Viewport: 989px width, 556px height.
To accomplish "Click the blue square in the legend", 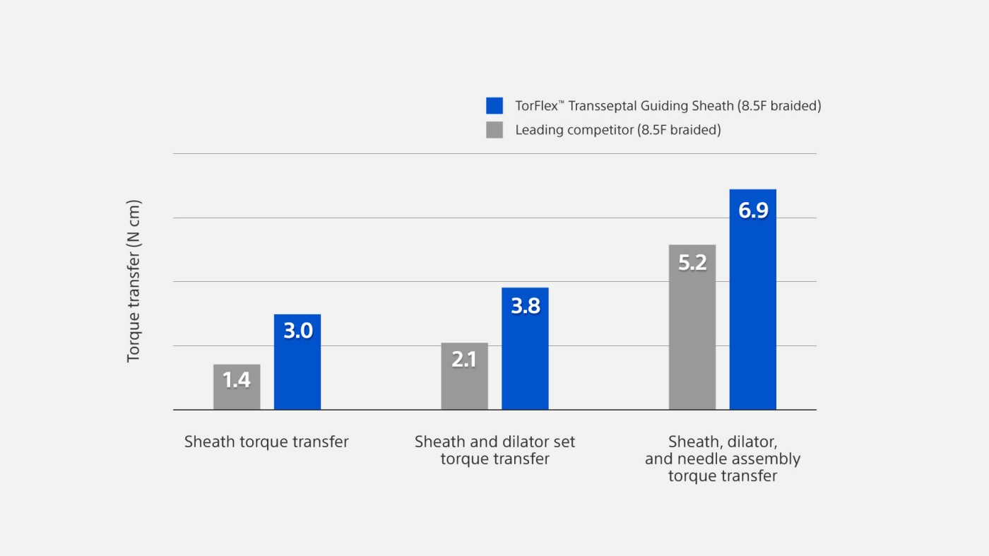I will (494, 106).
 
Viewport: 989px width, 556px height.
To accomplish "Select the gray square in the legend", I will (494, 130).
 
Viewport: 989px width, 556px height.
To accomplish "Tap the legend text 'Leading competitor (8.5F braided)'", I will (618, 130).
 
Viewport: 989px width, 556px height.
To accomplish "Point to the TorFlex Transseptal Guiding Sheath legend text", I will (668, 106).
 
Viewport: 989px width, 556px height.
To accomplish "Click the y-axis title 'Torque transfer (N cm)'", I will (134, 281).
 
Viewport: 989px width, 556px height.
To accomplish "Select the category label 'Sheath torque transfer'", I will (266, 442).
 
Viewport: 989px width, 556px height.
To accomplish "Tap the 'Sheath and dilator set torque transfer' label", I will (494, 450).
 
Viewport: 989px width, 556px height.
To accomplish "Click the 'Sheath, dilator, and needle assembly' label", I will (723, 459).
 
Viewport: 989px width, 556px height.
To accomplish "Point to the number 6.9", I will (753, 211).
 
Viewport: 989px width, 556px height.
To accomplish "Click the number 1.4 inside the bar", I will (237, 380).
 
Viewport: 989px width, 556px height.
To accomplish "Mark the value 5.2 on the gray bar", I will (692, 263).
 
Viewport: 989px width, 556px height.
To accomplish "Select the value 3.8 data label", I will (525, 305).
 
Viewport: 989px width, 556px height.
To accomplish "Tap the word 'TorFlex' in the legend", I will (535, 106).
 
